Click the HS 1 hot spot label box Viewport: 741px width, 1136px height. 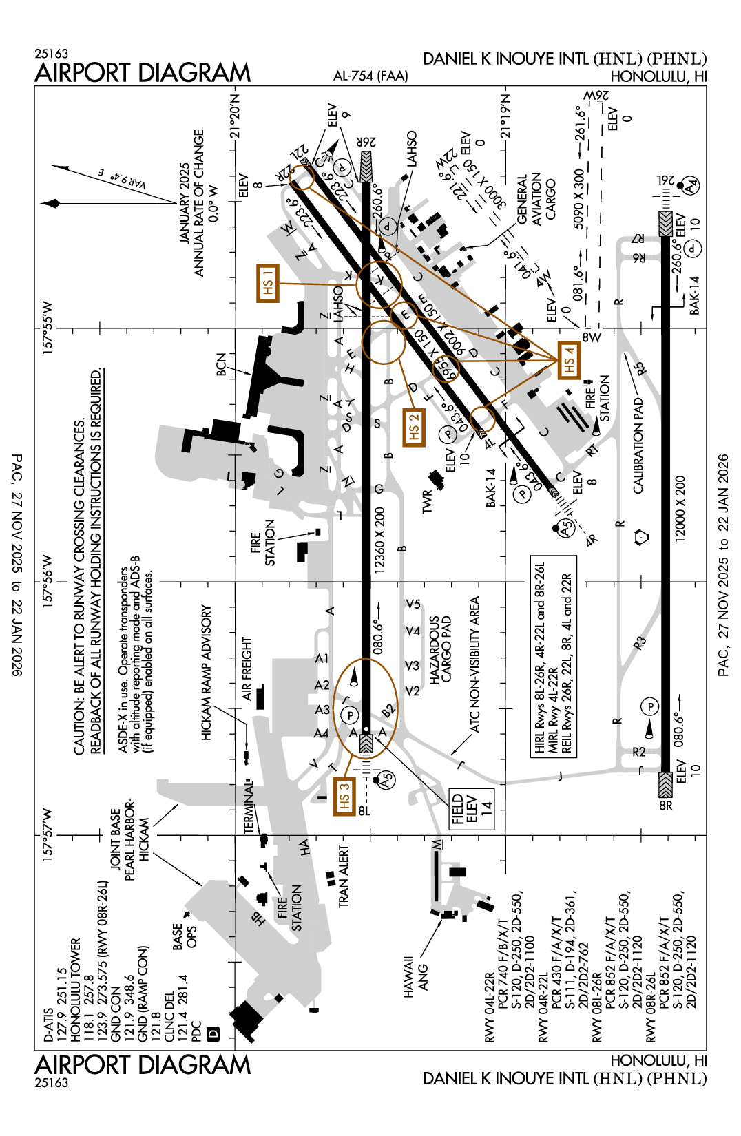pyautogui.click(x=268, y=282)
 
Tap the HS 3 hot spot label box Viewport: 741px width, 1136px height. pyautogui.click(x=344, y=796)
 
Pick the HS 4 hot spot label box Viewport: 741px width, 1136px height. pyautogui.click(x=568, y=360)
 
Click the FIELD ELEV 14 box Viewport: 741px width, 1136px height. pyautogui.click(x=472, y=810)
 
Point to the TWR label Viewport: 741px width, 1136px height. pyautogui.click(x=427, y=501)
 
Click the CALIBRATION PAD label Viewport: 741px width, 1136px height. pyautogui.click(x=638, y=446)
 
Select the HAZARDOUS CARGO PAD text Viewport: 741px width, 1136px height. pyautogui.click(x=441, y=649)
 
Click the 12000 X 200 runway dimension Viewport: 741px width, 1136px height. pyautogui.click(x=680, y=509)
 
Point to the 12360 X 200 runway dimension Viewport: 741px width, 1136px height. pyautogui.click(x=379, y=540)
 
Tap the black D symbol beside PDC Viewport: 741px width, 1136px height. pyautogui.click(x=213, y=1033)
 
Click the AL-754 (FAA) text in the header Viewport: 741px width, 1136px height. pyautogui.click(x=370, y=76)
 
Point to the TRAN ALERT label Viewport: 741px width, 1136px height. pyautogui.click(x=343, y=876)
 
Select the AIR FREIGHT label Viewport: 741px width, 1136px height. pyautogui.click(x=247, y=669)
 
